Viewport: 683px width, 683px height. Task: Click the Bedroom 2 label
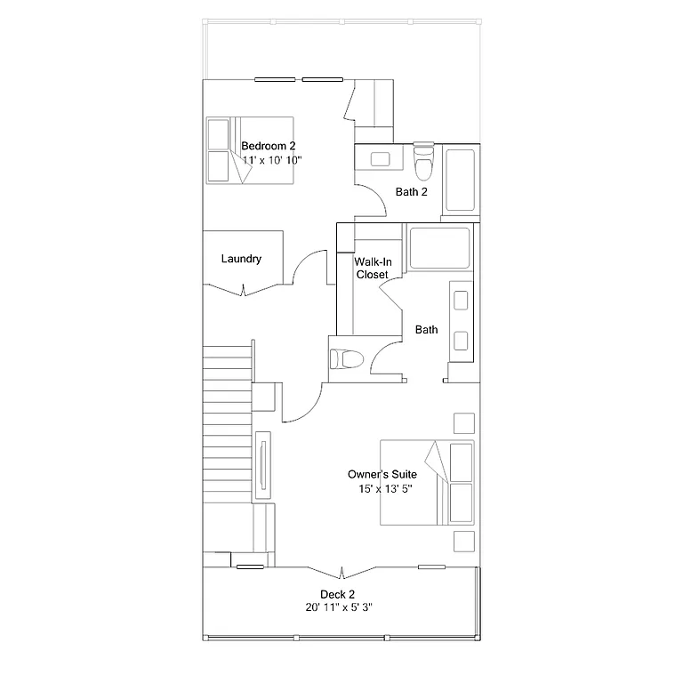tap(268, 146)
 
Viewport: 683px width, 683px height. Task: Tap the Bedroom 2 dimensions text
tap(273, 160)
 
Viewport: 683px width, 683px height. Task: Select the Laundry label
tap(241, 259)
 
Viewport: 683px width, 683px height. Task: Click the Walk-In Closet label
tap(372, 269)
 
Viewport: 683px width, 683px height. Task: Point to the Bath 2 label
tap(412, 191)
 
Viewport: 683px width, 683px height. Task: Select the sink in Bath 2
tap(380, 160)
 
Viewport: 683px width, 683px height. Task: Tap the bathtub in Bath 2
tap(461, 181)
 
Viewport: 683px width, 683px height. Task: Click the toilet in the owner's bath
tap(348, 360)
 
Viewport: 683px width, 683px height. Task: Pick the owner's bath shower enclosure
tap(438, 247)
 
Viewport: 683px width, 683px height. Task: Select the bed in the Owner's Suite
tap(427, 483)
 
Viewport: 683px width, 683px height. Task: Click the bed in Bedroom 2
tap(250, 150)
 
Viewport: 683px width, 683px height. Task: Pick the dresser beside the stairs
tap(264, 465)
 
